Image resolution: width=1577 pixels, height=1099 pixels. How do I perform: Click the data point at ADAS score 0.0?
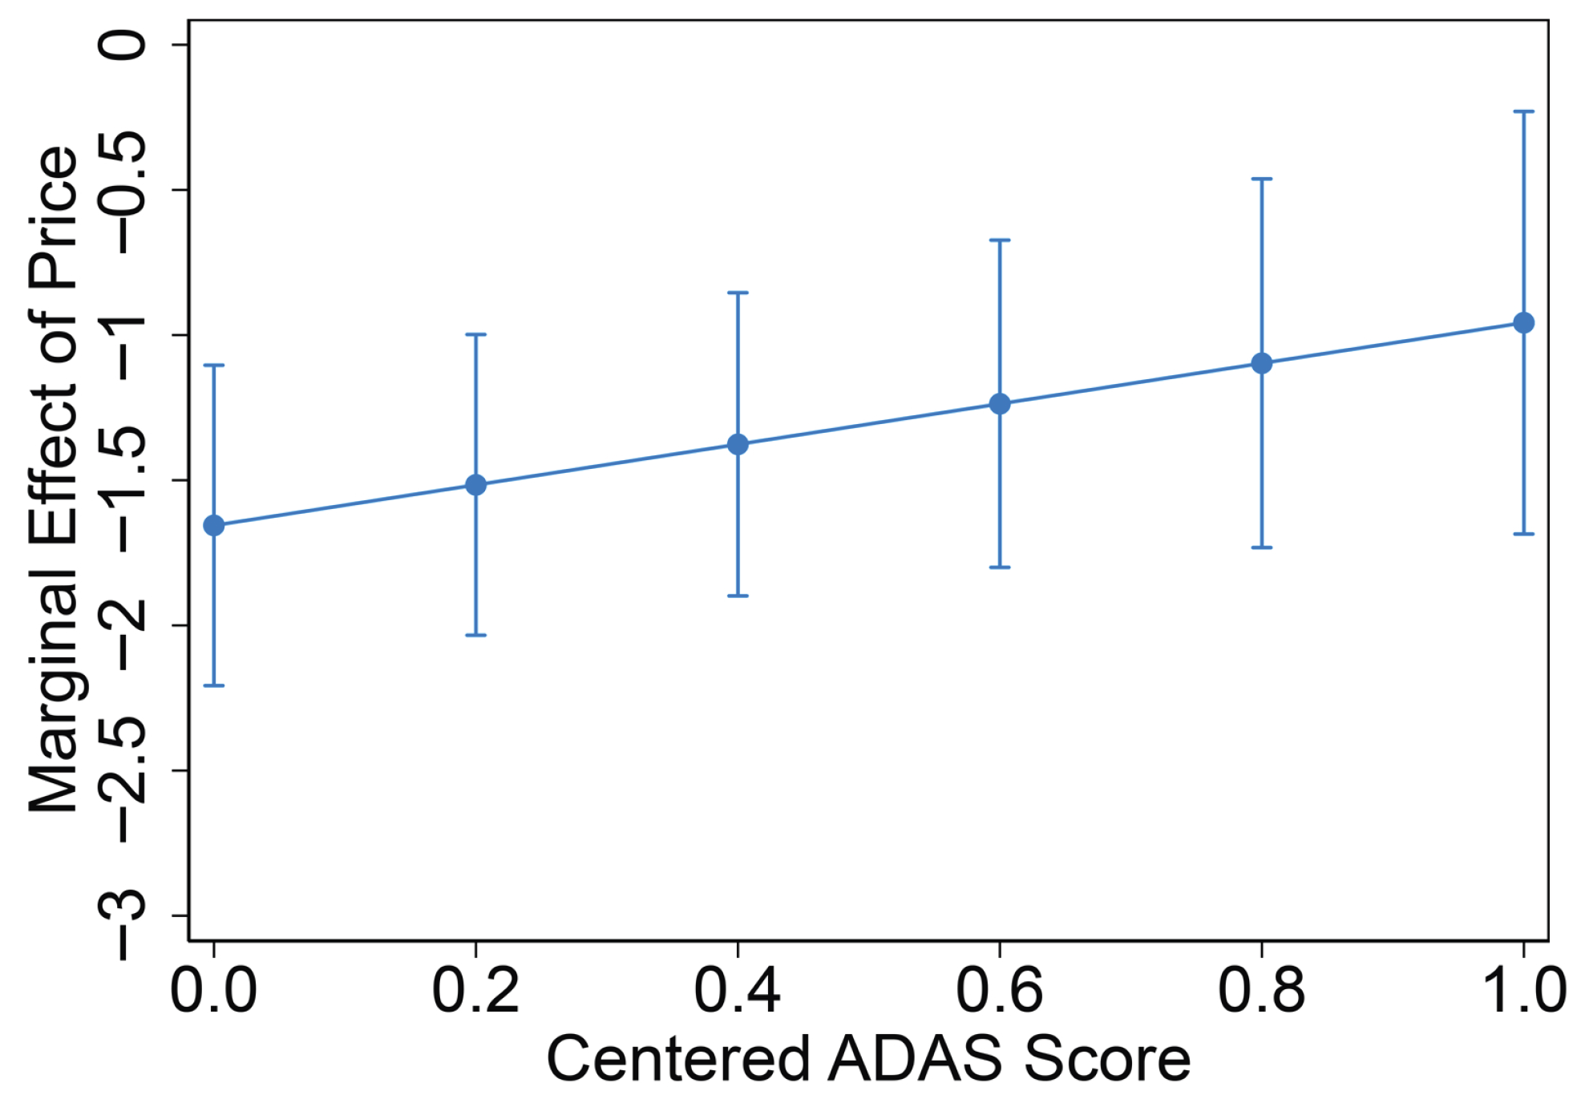click(x=213, y=526)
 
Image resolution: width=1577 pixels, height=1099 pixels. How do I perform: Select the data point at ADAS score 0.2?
click(x=475, y=485)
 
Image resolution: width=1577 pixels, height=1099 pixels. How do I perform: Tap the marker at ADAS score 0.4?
click(x=738, y=444)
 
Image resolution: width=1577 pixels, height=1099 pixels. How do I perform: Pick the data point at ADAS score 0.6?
click(x=1000, y=403)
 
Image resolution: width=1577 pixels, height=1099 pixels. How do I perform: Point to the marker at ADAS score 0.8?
click(x=1262, y=363)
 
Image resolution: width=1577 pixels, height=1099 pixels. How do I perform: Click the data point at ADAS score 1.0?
click(x=1523, y=322)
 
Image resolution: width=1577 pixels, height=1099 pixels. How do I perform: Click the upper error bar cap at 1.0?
click(x=1523, y=111)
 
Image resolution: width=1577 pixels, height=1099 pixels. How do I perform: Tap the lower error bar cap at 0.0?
click(x=213, y=685)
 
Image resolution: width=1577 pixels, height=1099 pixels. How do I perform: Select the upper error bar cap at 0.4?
click(x=738, y=293)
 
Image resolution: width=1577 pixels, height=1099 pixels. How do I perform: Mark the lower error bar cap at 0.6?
click(x=1000, y=567)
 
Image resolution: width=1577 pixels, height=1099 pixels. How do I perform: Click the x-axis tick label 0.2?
click(x=475, y=991)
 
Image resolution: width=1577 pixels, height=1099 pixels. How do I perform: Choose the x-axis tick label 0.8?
click(x=1262, y=991)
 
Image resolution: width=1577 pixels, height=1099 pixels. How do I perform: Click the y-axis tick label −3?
click(x=122, y=915)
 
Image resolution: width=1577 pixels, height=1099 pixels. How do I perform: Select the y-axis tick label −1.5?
click(x=122, y=479)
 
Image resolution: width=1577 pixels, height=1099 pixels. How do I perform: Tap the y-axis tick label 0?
click(x=122, y=44)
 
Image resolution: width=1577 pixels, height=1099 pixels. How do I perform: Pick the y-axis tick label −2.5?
click(x=122, y=770)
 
